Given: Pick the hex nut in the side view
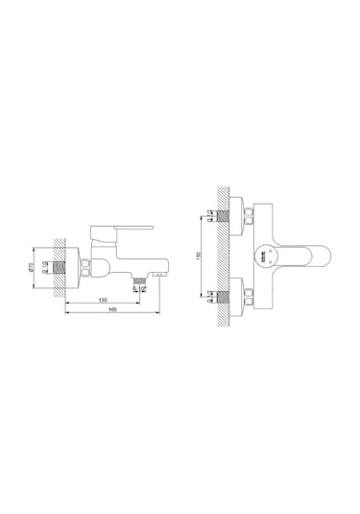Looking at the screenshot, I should [89, 268].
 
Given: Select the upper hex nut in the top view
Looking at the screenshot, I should [248, 212].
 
